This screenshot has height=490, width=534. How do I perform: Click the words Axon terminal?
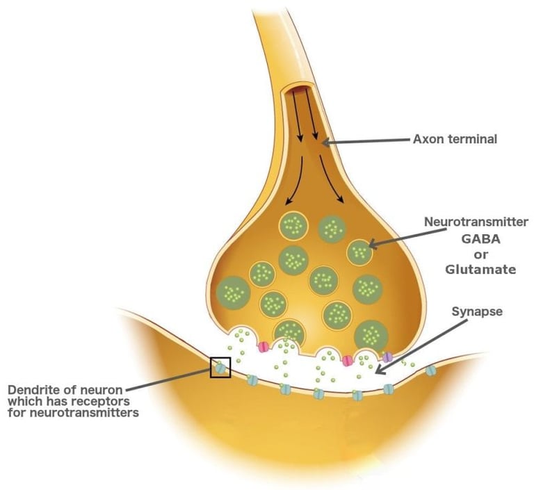tap(455, 139)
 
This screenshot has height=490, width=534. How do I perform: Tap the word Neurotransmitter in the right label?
tap(477, 222)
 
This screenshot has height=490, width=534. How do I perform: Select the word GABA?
tap(477, 238)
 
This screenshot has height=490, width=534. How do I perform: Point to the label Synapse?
tap(477, 312)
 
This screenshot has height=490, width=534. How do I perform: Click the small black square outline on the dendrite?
tap(220, 368)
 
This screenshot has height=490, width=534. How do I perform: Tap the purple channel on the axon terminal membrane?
tap(387, 357)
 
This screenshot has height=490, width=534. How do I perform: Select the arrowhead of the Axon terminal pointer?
tap(325, 143)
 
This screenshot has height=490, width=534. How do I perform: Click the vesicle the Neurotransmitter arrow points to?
tap(359, 252)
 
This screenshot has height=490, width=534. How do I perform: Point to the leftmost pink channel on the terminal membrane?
tap(264, 346)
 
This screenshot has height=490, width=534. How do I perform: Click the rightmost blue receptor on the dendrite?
tap(431, 370)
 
